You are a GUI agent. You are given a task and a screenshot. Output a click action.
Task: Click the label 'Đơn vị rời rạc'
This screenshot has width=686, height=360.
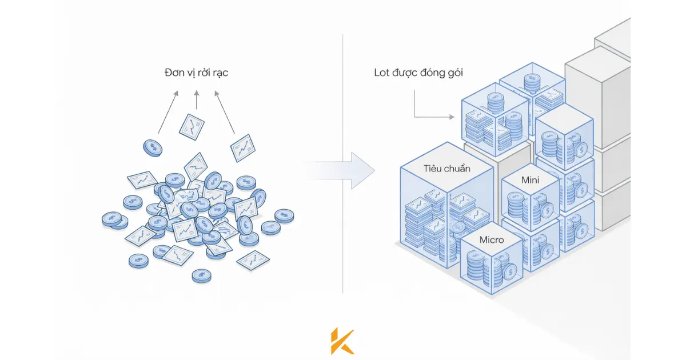coord(196,74)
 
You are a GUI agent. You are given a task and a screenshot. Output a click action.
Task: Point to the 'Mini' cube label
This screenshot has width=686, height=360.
coord(531,180)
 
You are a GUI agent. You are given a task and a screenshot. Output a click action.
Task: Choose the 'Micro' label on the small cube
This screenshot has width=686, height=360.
coord(492,239)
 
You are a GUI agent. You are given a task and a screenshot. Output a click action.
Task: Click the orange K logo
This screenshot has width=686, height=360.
coord(342,342)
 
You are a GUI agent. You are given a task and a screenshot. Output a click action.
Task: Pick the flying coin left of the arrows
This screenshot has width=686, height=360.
coord(153,147)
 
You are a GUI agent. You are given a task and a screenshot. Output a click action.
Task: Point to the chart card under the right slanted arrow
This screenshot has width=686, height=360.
coord(242,147)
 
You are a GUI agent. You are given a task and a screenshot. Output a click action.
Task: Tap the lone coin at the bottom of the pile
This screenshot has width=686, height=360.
coord(201,276)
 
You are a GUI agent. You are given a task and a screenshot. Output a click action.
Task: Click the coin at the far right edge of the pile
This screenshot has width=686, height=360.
coord(284,215)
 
